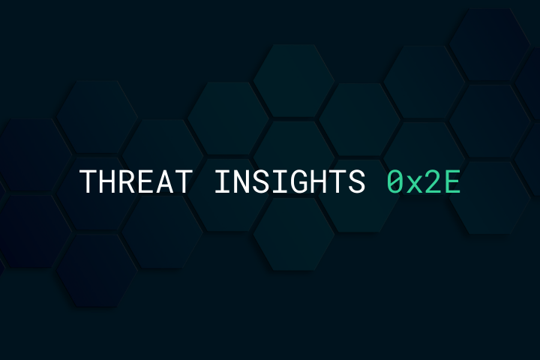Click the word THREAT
[x=136, y=181]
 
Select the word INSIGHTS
[x=289, y=181]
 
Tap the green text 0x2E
[x=424, y=181]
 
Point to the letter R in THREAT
[x=127, y=181]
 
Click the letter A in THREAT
[x=165, y=181]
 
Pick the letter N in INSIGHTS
[x=242, y=181]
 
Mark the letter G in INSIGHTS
[x=299, y=181]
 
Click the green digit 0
[x=395, y=181]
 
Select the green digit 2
[x=433, y=181]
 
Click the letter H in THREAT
[x=107, y=181]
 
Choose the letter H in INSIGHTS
[x=319, y=181]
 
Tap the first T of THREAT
[x=88, y=181]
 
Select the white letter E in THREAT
[x=146, y=181]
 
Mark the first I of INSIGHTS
[x=223, y=181]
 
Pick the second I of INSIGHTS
[x=280, y=181]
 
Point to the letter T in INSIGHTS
[x=337, y=181]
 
